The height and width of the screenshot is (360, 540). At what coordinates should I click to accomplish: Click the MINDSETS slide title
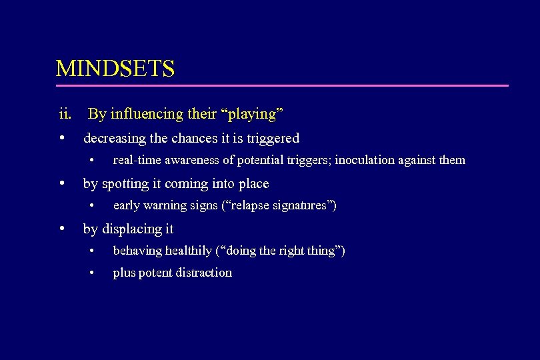[x=115, y=69]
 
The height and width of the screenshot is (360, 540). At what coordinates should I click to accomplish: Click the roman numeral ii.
[x=65, y=114]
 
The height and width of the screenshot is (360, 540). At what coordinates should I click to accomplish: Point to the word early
[x=126, y=205]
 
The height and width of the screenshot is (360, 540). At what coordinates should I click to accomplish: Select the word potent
[x=153, y=273]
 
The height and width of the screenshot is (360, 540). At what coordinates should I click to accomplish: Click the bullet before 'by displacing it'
[x=61, y=229]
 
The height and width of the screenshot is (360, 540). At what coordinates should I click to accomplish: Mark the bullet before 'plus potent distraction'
[x=93, y=273]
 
